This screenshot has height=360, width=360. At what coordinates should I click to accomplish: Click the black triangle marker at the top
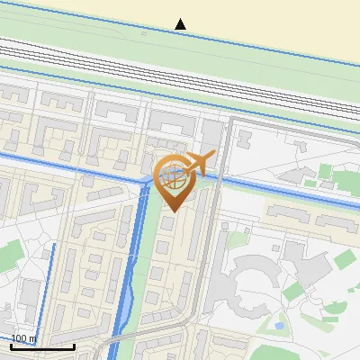click(181, 23)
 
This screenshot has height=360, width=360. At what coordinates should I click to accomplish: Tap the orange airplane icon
click(201, 163)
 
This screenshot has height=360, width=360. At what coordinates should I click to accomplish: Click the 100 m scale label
click(24, 338)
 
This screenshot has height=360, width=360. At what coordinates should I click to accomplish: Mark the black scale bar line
click(42, 346)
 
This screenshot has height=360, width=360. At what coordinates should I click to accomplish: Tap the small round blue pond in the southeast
click(280, 324)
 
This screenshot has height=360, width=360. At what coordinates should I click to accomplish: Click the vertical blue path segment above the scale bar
click(53, 288)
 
